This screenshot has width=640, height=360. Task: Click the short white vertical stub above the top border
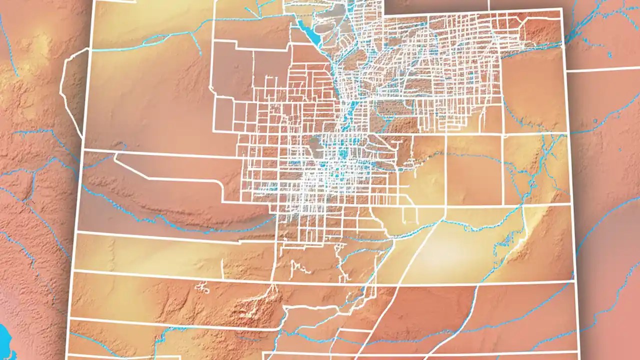coord(488,4)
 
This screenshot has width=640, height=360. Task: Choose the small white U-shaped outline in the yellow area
coord(410,215)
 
